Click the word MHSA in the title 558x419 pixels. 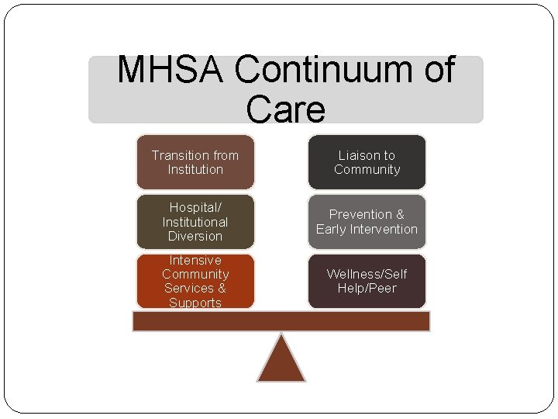pyautogui.click(x=171, y=71)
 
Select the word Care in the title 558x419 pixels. pyautogui.click(x=285, y=109)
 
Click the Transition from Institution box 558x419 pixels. pyautogui.click(x=195, y=162)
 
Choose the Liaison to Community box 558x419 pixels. pyautogui.click(x=367, y=162)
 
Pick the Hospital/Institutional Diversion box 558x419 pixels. pyautogui.click(x=195, y=222)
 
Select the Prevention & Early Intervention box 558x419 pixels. pyautogui.click(x=367, y=222)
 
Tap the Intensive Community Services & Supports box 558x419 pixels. pyautogui.click(x=195, y=281)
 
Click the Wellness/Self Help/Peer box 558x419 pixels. pyautogui.click(x=367, y=281)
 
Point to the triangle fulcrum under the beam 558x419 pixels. pyautogui.click(x=281, y=362)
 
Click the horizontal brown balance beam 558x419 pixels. pyautogui.click(x=281, y=321)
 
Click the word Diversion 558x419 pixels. pyautogui.click(x=195, y=236)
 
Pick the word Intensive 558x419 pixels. pyautogui.click(x=195, y=260)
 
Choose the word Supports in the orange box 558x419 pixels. pyautogui.click(x=195, y=303)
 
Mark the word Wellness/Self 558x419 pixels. pyautogui.click(x=367, y=274)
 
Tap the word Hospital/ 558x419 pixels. pyautogui.click(x=195, y=208)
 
